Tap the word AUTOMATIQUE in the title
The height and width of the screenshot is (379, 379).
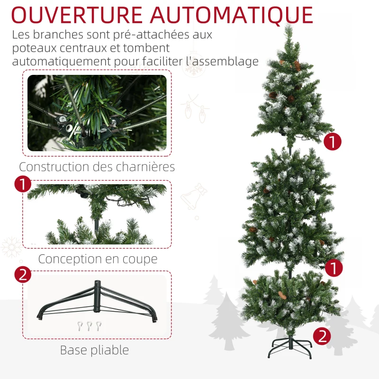[232, 16]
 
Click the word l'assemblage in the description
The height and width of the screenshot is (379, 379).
[222, 62]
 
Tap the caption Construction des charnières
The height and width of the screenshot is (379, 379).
[97, 167]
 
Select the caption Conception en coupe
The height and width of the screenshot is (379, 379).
[98, 259]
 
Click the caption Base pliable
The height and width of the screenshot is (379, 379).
[94, 350]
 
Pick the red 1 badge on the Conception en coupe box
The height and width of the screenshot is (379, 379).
[23, 184]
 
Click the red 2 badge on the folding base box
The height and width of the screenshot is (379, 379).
[23, 274]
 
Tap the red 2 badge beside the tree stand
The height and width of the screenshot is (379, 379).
[322, 336]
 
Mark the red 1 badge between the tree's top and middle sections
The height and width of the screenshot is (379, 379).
[333, 141]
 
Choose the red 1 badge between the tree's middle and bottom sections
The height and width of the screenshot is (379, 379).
[334, 268]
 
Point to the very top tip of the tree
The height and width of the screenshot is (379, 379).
[289, 25]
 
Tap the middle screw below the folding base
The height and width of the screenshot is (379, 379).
[90, 326]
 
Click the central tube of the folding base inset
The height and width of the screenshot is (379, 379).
[97, 297]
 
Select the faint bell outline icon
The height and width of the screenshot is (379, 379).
[194, 197]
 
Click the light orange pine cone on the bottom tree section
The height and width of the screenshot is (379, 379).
[282, 295]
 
